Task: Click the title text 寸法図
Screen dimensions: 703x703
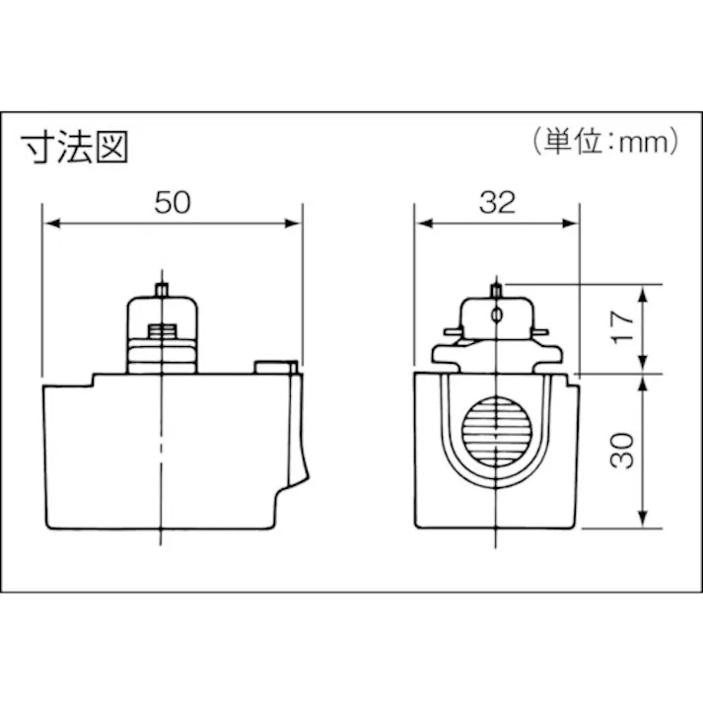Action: tap(77, 147)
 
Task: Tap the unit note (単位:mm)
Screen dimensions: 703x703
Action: tap(604, 141)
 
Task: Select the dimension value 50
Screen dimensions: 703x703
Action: tap(173, 202)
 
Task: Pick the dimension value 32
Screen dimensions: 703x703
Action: tap(498, 202)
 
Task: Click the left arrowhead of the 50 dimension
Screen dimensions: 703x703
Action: tap(49, 225)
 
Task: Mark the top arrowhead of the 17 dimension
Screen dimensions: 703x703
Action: tap(643, 292)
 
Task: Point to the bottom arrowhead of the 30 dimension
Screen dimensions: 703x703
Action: tap(643, 522)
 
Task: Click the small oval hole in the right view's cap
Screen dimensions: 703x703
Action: tap(497, 315)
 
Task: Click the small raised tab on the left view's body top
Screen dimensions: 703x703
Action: tap(275, 367)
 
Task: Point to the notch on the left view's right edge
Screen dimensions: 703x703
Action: tap(292, 483)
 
